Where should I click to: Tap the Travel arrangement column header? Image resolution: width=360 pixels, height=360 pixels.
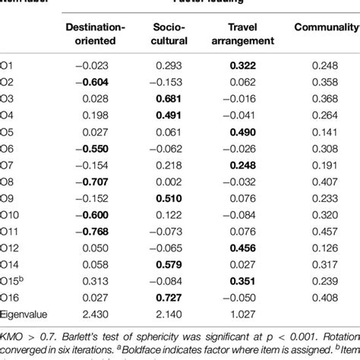coord(248,34)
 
